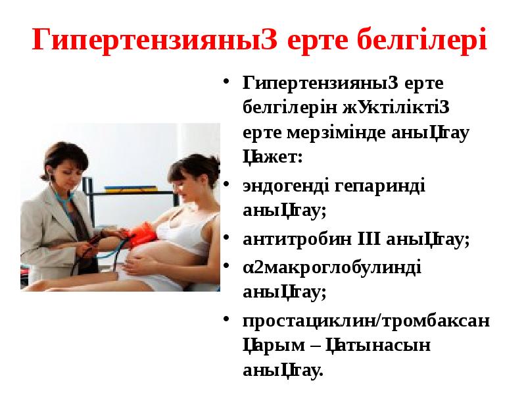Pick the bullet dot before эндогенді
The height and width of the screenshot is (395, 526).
pos(226,185)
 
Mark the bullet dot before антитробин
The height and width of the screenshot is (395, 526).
pos(226,238)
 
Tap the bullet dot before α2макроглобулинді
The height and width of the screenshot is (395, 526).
pos(226,266)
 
